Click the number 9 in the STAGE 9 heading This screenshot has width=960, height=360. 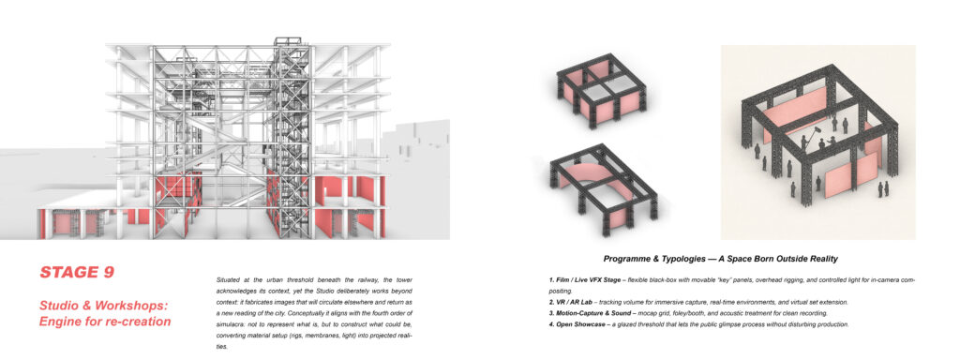[108, 273]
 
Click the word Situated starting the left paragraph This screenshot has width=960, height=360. [227, 279]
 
